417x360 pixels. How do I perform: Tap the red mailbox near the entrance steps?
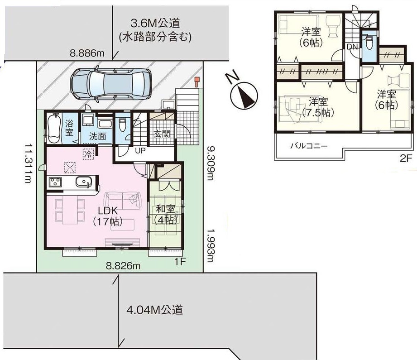click(x=197, y=82)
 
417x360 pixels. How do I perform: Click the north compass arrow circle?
click(x=244, y=96)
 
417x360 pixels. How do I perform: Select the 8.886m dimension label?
click(x=87, y=53)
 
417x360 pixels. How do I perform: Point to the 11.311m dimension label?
click(x=28, y=163)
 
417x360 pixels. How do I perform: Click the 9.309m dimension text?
click(x=210, y=163)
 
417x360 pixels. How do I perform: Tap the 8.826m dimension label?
click(x=123, y=265)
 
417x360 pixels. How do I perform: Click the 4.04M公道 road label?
click(x=154, y=310)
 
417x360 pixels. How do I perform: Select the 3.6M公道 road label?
click(x=155, y=24)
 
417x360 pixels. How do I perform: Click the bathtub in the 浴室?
click(x=55, y=128)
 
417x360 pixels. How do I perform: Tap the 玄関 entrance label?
click(x=162, y=134)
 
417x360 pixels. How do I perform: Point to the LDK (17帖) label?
click(x=108, y=216)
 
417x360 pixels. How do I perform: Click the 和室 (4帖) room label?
click(x=166, y=214)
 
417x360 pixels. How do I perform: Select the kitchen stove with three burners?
click(x=55, y=182)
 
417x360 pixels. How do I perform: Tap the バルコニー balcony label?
click(x=309, y=145)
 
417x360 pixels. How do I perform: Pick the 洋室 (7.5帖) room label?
click(x=318, y=107)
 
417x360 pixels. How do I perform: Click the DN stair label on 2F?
click(x=353, y=47)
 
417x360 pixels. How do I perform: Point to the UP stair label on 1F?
click(x=140, y=151)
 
